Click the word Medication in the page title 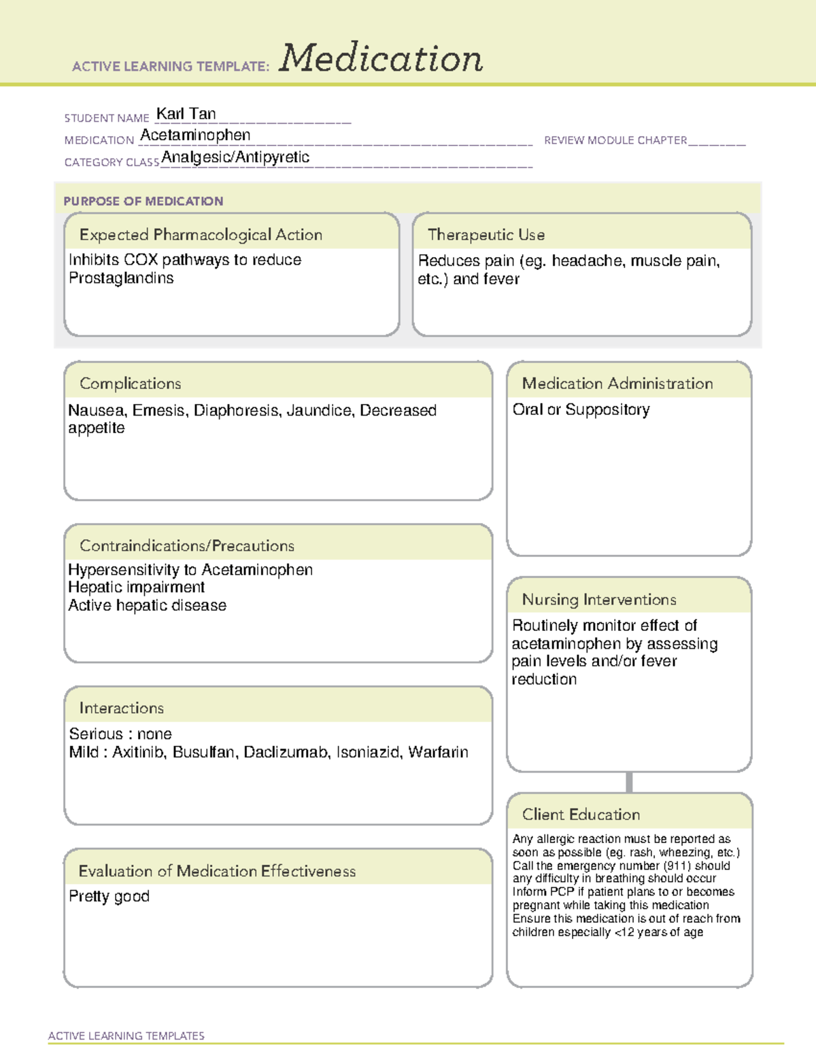tap(381, 58)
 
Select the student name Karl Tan tap(186, 114)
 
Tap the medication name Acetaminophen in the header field tap(195, 135)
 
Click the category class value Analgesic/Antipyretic tap(235, 157)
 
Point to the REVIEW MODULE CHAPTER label tap(615, 140)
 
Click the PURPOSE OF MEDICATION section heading tap(143, 201)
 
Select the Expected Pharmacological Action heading tap(201, 235)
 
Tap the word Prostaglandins tap(121, 278)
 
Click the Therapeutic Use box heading tap(486, 235)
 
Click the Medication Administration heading tap(617, 384)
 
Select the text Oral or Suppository tap(581, 409)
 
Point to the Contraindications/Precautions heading tap(187, 545)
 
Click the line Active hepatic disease tap(147, 605)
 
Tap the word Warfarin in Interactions tap(438, 752)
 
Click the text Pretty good tap(109, 896)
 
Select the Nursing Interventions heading tap(599, 599)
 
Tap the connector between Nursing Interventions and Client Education tap(629, 782)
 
